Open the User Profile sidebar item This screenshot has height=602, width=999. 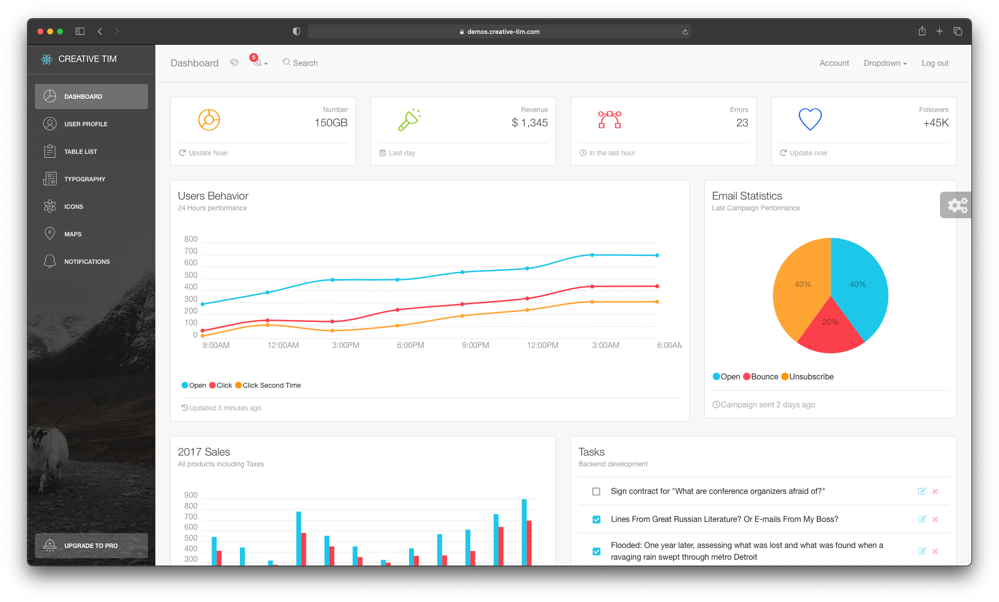click(x=86, y=124)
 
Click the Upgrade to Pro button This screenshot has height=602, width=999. click(x=91, y=545)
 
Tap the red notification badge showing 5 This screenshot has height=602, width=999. click(x=254, y=57)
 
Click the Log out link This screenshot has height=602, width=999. click(x=935, y=63)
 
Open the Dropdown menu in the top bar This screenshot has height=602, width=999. click(x=885, y=63)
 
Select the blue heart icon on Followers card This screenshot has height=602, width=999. click(x=810, y=119)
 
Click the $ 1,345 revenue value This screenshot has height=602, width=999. click(x=529, y=123)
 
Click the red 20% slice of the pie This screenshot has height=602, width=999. click(x=830, y=329)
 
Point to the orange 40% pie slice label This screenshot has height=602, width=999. click(x=802, y=284)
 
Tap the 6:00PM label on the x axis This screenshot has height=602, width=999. click(x=410, y=345)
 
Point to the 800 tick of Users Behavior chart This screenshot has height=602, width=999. click(x=191, y=239)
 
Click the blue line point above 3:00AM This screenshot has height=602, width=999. click(x=592, y=255)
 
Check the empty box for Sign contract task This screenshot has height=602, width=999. click(x=596, y=491)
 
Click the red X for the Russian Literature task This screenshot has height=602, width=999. click(x=935, y=519)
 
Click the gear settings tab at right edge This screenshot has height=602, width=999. click(x=957, y=205)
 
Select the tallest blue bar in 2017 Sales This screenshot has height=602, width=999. click(x=524, y=531)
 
